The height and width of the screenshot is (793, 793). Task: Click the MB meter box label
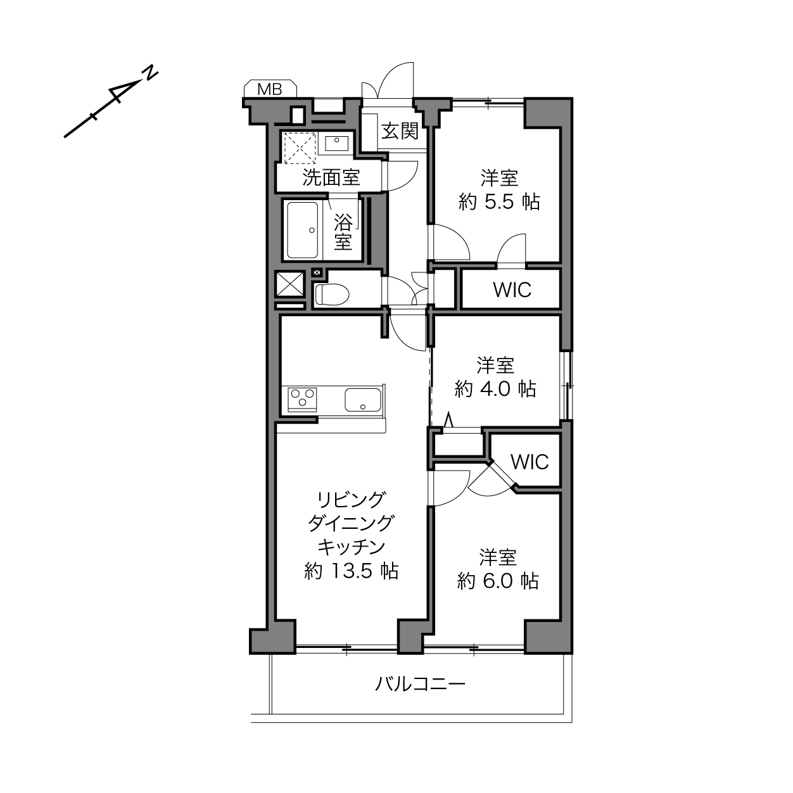[x=270, y=89]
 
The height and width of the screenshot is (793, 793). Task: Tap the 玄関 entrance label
[x=400, y=131]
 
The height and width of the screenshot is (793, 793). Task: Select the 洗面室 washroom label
[x=331, y=177]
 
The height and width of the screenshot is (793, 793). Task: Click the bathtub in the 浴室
[x=303, y=230]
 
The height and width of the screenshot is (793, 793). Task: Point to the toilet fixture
[x=331, y=294]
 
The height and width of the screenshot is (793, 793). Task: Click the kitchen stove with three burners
[x=303, y=399]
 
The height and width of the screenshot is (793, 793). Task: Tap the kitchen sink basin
[x=362, y=399]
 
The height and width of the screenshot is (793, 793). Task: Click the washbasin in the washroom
[x=336, y=144]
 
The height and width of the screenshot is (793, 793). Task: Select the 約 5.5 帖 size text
[x=498, y=201]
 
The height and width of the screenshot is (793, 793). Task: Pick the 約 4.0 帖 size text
[x=495, y=388]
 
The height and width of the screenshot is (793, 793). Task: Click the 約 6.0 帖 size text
[x=498, y=581]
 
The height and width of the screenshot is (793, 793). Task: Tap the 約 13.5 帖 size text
[x=351, y=571]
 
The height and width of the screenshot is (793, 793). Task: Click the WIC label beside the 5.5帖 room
[x=512, y=290]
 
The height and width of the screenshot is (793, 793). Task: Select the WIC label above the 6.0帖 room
[x=530, y=462]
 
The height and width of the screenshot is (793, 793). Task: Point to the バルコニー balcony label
[x=420, y=683]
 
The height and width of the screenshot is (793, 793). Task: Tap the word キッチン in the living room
[x=351, y=547]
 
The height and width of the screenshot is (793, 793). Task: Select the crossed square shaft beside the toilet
[x=290, y=284]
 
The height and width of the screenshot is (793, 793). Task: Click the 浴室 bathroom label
[x=343, y=232]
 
